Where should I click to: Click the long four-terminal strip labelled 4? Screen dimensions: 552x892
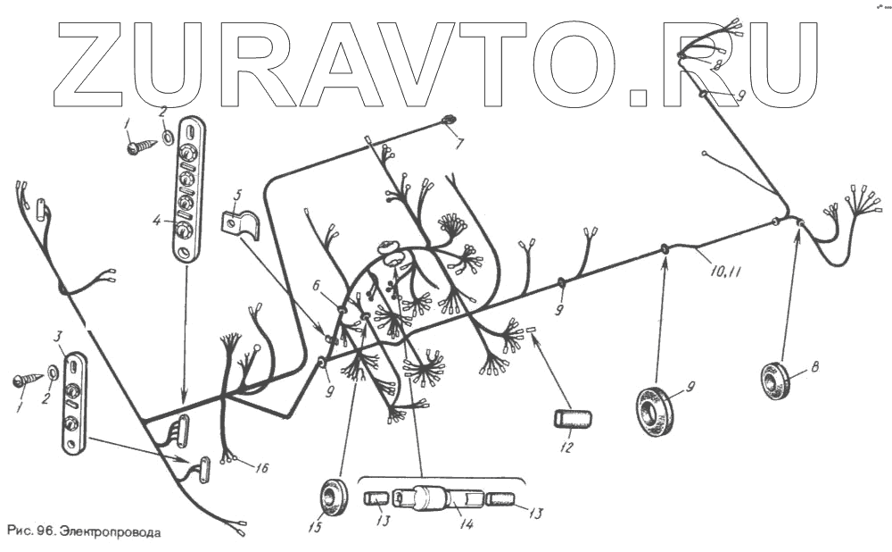186,188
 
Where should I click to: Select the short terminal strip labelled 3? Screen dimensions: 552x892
72,402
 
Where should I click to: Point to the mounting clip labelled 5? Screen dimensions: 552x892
240,223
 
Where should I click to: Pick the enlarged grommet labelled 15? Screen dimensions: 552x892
335,497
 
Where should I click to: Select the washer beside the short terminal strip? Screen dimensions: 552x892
53,372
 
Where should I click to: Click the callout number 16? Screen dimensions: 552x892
261,467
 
